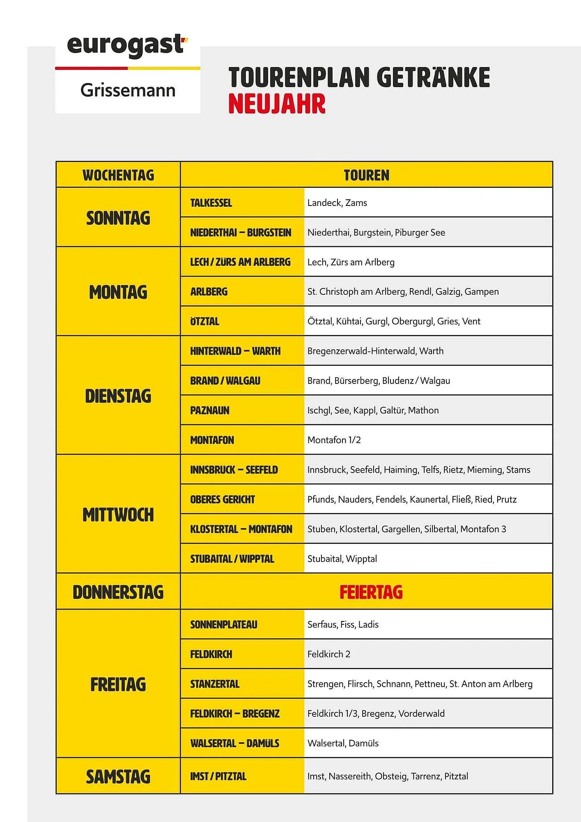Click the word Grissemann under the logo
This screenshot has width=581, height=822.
[x=128, y=90]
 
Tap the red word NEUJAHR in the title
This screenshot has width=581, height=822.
[x=277, y=104]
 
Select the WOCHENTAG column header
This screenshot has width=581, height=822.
[x=118, y=175]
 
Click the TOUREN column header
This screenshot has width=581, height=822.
[x=366, y=175]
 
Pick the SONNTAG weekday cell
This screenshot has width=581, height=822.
[x=118, y=218]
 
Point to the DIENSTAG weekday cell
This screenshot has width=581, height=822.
[x=118, y=396]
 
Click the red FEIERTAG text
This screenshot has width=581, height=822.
[x=371, y=592]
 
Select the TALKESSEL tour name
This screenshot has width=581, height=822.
[x=211, y=203]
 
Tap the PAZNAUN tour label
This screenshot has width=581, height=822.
[x=210, y=410]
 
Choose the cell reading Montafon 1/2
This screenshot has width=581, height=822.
[x=334, y=440]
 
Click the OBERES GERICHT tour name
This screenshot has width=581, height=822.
[x=223, y=499]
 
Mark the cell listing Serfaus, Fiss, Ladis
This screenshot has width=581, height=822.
[x=343, y=624]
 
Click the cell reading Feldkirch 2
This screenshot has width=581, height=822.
[x=328, y=654]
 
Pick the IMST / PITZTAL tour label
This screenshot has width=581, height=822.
[x=218, y=776]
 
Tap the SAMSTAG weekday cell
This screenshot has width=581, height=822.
[x=118, y=776]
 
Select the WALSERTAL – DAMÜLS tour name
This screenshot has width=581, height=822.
[x=234, y=743]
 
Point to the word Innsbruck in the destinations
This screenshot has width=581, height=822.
[x=326, y=469]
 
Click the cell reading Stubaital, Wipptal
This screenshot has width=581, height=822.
[x=342, y=559]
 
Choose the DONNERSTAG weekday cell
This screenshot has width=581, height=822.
[x=118, y=592]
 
